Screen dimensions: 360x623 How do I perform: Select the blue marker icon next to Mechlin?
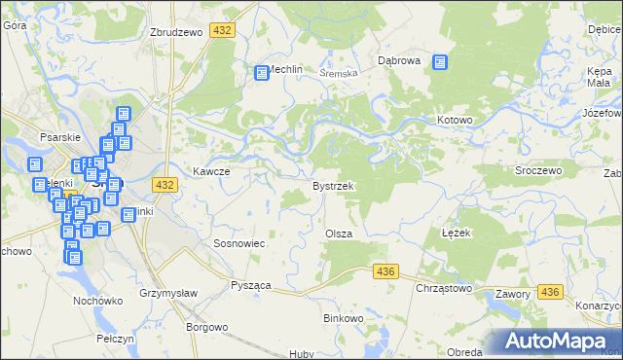coord(262,72)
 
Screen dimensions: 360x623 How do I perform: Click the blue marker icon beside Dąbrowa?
coord(440,62)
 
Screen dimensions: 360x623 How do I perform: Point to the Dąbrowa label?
coord(398,60)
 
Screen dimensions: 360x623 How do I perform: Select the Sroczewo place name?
coord(538,169)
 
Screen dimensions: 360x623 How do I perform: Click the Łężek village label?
coord(457,234)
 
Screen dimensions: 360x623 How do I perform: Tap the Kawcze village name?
coord(210,171)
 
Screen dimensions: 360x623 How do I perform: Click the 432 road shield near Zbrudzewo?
coord(223,31)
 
